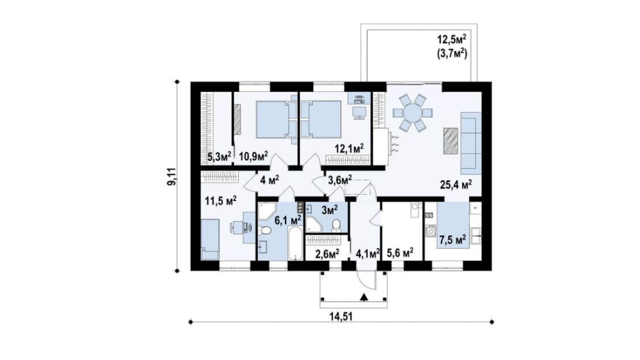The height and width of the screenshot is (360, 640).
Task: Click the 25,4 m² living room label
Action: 456,185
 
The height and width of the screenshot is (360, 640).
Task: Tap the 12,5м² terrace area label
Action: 452,40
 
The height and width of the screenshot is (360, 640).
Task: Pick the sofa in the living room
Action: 471,141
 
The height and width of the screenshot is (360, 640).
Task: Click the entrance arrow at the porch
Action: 364,297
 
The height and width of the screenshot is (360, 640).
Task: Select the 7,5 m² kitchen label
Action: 452,240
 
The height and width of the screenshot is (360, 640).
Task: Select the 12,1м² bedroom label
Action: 349,148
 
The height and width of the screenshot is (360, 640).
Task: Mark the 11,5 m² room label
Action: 220,201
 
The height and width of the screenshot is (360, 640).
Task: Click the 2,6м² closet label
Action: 328,254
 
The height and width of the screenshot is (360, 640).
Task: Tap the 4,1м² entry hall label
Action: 368,254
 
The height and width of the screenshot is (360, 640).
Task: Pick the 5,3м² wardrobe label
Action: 219,155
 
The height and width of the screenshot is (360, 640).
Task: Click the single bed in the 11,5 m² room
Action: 210,239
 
